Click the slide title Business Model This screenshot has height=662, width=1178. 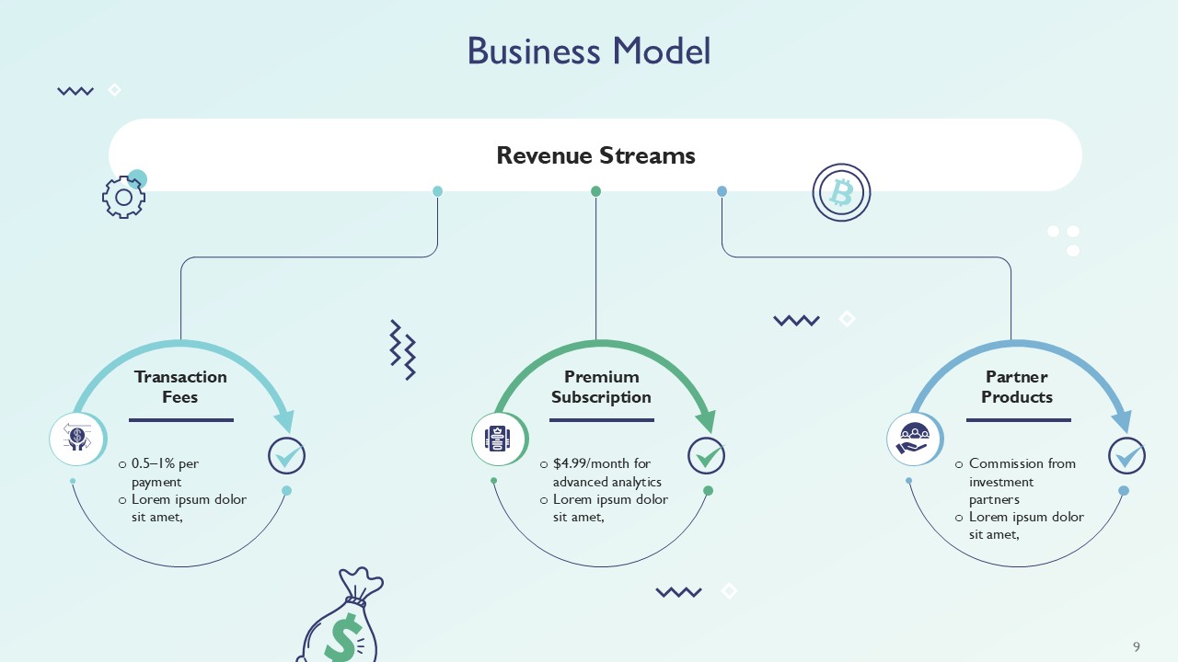coord(589,51)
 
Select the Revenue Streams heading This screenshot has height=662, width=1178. coord(595,155)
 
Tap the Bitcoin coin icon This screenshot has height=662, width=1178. coord(841,192)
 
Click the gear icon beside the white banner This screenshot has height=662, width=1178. coord(123,197)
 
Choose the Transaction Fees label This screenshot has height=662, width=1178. coord(180,387)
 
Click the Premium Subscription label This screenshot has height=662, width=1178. coord(601,387)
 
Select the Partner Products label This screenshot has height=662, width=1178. coord(1017,387)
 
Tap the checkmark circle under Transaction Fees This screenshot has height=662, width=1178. coord(286,455)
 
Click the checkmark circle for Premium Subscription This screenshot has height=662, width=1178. coord(707,455)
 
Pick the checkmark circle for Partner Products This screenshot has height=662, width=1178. coord(1126,455)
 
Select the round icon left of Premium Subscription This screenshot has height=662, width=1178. coord(498,439)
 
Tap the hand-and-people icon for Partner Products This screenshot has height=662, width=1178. coord(913,439)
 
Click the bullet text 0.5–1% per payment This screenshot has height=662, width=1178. coord(166,472)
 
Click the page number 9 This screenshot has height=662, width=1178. coord(1137,646)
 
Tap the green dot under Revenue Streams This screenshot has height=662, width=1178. coord(595,191)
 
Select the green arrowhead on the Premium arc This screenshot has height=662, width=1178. coord(706,421)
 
